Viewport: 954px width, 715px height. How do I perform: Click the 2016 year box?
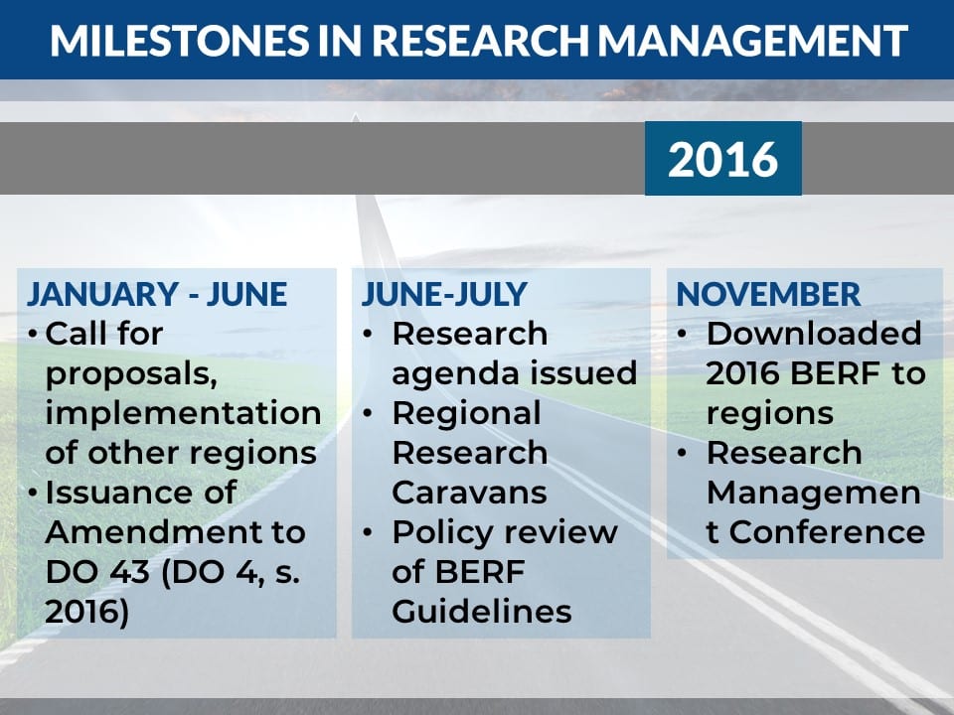pyautogui.click(x=722, y=158)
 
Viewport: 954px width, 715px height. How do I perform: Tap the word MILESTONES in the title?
pyautogui.click(x=180, y=41)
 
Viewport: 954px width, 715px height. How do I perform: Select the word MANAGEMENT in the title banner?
pyautogui.click(x=752, y=41)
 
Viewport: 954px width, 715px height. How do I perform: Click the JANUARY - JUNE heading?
pyautogui.click(x=157, y=294)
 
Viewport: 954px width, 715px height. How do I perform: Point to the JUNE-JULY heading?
pyautogui.click(x=444, y=294)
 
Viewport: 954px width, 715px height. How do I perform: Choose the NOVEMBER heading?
pyautogui.click(x=768, y=294)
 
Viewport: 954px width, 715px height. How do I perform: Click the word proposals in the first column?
pyautogui.click(x=131, y=374)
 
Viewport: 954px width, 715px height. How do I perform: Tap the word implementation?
pyautogui.click(x=183, y=414)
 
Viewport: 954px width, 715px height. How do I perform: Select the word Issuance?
pyautogui.click(x=140, y=492)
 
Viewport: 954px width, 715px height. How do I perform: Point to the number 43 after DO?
pyautogui.click(x=129, y=572)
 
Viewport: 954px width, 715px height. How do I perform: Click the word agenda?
pyautogui.click(x=456, y=374)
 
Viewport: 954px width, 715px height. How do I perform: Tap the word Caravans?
pyautogui.click(x=470, y=492)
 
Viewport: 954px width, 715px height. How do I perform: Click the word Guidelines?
pyautogui.click(x=482, y=611)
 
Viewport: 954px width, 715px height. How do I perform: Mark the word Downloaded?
pyautogui.click(x=814, y=334)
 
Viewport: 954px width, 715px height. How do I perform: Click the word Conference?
pyautogui.click(x=827, y=532)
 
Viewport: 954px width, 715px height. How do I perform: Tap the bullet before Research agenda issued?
pyautogui.click(x=368, y=334)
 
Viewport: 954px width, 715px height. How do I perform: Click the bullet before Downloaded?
pyautogui.click(x=682, y=334)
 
